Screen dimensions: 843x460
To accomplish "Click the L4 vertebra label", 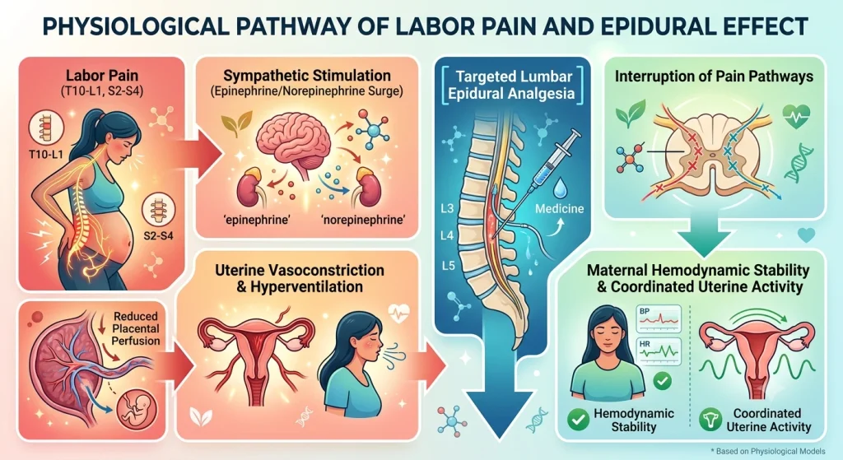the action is click(447, 235).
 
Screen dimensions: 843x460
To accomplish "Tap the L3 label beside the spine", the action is click(447, 208).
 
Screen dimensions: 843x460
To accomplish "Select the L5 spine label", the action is click(448, 265).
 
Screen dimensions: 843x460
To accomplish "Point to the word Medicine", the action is click(559, 208).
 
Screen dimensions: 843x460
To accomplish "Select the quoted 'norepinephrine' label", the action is click(363, 220).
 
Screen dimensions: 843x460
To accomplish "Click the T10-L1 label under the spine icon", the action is click(46, 155).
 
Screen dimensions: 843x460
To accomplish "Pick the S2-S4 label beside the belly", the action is click(158, 235).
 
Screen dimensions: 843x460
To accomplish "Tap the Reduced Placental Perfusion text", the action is click(136, 328).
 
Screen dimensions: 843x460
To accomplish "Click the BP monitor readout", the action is click(659, 318).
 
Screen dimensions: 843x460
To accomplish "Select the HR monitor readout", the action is click(659, 351).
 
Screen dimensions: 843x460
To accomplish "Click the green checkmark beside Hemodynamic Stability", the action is click(579, 420).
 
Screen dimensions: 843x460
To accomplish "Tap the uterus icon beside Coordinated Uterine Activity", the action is click(710, 420).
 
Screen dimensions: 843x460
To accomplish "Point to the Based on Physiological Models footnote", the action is click(768, 452).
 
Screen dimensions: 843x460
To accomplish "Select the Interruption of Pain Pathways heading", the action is click(714, 77).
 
